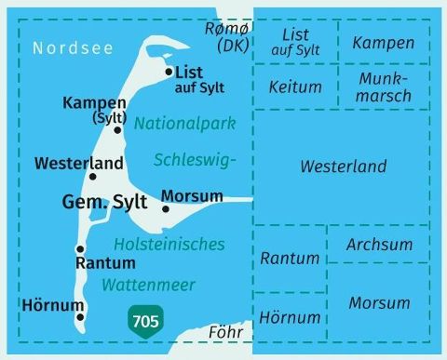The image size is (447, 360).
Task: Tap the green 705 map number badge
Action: [145, 322]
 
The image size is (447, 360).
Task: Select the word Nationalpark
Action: [184, 123]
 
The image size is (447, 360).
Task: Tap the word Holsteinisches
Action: [169, 245]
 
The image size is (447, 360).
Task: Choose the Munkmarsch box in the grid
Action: [384, 87]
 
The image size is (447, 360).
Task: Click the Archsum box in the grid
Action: [378, 245]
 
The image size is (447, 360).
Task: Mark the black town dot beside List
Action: [168, 71]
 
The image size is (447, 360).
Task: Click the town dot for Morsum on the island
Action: [165, 208]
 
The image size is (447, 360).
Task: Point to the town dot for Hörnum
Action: [80, 317]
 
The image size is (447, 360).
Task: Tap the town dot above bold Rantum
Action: [80, 249]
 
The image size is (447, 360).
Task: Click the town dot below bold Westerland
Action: [92, 176]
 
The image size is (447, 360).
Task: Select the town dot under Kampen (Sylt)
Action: [118, 129]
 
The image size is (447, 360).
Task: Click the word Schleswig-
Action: [196, 158]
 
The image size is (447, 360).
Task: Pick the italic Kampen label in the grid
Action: [384, 43]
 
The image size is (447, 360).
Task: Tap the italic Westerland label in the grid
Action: [343, 167]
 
